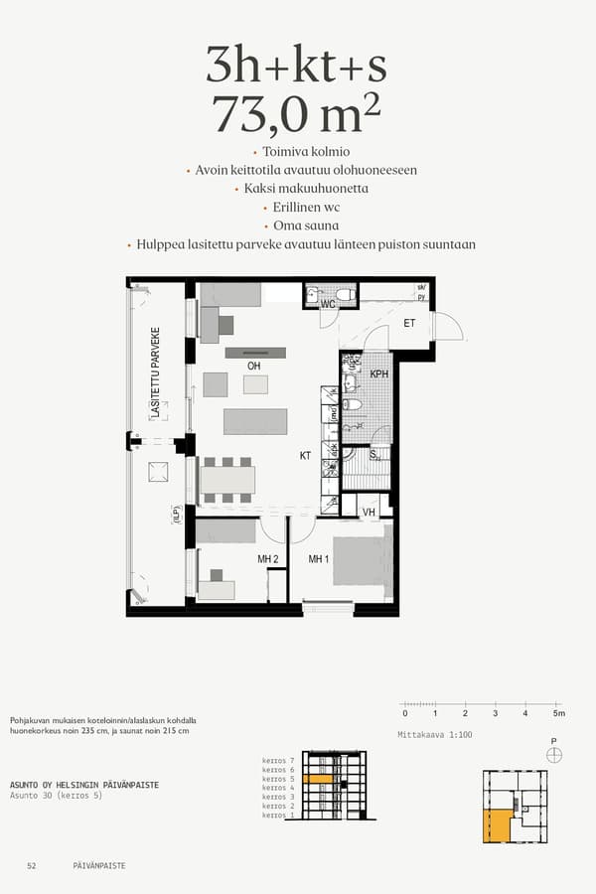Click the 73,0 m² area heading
click(x=296, y=116)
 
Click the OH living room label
click(x=254, y=367)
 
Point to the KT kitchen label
click(x=306, y=456)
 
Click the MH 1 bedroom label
click(x=318, y=559)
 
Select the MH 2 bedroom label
click(x=268, y=559)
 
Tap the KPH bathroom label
click(x=378, y=374)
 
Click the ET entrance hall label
click(x=408, y=324)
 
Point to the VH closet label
click(x=370, y=513)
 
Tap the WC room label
click(x=326, y=305)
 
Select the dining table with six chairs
click(x=227, y=481)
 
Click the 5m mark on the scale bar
click(x=557, y=713)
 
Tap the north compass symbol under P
click(x=554, y=755)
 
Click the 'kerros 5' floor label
click(x=278, y=780)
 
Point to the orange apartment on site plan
click(x=494, y=823)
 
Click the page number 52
click(x=32, y=866)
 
